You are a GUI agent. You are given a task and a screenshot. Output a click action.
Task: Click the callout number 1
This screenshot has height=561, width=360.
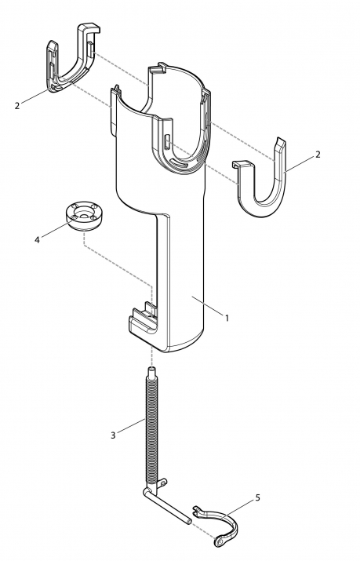227,317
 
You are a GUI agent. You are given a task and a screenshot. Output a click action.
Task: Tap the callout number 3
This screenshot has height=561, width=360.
113,435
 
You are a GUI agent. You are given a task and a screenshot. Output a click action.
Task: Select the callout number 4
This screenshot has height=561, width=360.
37,240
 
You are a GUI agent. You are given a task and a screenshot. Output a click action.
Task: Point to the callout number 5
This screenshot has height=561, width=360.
258,497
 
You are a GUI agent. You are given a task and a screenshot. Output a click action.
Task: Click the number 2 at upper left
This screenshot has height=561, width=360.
16,106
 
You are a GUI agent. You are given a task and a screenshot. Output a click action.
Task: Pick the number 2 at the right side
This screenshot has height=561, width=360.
318,155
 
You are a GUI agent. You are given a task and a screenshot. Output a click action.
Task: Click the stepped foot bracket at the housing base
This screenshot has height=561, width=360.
142,322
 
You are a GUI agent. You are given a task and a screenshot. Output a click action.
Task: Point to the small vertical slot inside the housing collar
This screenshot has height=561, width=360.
167,140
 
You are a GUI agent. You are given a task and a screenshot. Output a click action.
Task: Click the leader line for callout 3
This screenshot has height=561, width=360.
131,425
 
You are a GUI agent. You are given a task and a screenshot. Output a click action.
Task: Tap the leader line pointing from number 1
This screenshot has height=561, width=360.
207,305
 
